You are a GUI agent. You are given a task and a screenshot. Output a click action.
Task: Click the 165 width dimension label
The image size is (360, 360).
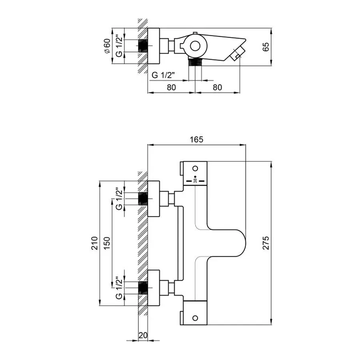click(x=197, y=140)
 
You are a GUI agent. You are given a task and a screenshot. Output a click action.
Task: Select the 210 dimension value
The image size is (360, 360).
click(x=94, y=243)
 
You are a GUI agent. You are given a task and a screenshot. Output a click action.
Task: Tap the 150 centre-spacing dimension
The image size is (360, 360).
click(x=107, y=243)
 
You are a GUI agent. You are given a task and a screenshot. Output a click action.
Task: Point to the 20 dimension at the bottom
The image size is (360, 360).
click(x=142, y=335)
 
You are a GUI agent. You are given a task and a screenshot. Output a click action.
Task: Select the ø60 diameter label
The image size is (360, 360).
click(x=106, y=46)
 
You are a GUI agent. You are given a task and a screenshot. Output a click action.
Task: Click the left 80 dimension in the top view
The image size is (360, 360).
click(x=172, y=88)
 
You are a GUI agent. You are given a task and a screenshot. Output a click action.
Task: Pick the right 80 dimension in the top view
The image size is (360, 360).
click(x=218, y=88)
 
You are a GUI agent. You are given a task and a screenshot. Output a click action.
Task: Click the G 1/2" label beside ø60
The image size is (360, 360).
click(x=119, y=46)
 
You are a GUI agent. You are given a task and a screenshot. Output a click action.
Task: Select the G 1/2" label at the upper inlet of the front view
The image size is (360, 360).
click(x=119, y=199)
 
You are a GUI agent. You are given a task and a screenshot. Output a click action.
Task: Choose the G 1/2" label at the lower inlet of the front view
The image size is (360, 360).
click(x=119, y=288)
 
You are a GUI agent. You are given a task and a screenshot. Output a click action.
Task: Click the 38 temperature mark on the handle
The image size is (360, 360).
click(x=195, y=181)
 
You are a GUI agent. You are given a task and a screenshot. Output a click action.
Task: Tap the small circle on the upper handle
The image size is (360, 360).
click(x=195, y=168)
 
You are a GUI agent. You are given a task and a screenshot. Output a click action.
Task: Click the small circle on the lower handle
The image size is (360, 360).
click(x=195, y=318)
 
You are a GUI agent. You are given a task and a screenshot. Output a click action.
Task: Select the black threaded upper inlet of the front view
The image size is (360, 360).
click(x=143, y=199)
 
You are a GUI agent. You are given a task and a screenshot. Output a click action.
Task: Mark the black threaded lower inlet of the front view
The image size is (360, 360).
click(x=143, y=288)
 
